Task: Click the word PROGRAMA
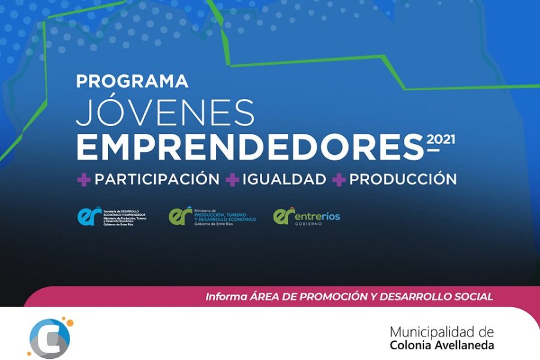pos(132,81)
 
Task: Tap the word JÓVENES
pos(165,112)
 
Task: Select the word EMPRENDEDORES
pos(250,147)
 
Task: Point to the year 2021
pos(440,140)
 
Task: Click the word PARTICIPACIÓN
pos(157,179)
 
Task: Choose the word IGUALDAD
pos(284,179)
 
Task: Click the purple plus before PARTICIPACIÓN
pos(83,179)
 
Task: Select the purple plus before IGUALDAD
pos(232,179)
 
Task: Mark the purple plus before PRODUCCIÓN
pos(340,179)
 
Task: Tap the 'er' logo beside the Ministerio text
pos(181,216)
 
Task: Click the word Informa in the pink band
pos(225,296)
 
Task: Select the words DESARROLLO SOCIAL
pos(443,296)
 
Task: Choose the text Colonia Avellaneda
pos(442,346)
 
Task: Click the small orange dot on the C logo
pos(70,324)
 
